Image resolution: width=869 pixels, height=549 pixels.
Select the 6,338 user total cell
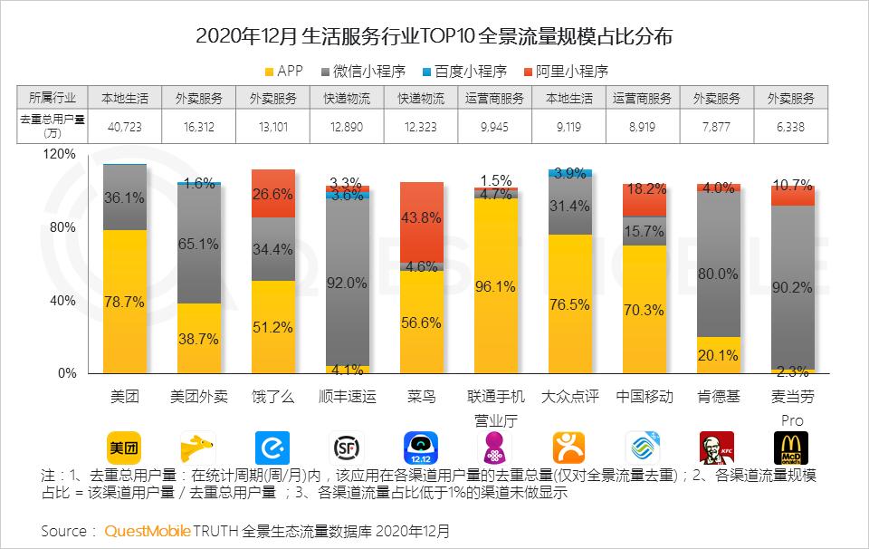(x=791, y=127)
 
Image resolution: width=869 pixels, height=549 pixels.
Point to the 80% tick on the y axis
(x=62, y=227)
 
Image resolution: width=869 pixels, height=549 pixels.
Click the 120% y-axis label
(x=60, y=154)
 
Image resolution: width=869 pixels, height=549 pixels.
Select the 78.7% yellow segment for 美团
(x=125, y=302)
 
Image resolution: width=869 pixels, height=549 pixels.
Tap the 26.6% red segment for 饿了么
(x=272, y=193)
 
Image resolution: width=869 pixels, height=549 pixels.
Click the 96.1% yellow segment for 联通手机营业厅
(x=495, y=286)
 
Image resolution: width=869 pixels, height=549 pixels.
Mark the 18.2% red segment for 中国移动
(x=644, y=199)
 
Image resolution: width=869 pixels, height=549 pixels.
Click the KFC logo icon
(x=717, y=447)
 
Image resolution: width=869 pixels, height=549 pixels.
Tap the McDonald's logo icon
(x=791, y=447)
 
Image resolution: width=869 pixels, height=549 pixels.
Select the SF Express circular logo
(x=347, y=447)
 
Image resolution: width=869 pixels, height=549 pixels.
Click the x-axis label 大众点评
(x=569, y=397)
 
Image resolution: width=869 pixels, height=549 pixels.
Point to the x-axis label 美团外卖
(x=198, y=397)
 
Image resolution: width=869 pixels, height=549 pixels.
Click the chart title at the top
(x=434, y=37)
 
